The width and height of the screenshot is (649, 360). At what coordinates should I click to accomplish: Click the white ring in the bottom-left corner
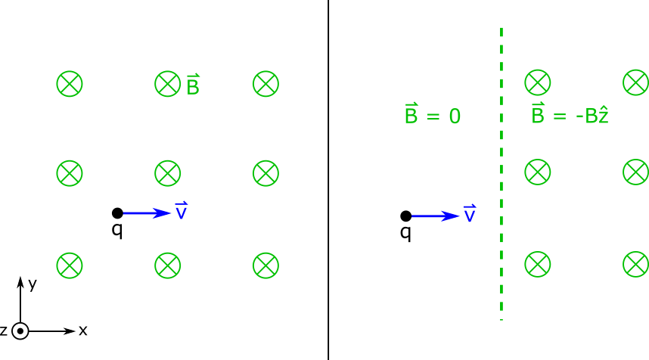click(20, 331)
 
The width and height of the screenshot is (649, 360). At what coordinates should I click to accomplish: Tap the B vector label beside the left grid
click(193, 85)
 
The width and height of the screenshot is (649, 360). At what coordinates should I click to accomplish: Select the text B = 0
click(432, 115)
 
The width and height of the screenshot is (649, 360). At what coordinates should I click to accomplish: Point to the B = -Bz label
click(570, 115)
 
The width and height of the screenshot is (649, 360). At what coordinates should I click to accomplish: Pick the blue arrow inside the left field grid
click(147, 213)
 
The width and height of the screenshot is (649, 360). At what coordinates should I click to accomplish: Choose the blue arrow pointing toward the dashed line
click(436, 216)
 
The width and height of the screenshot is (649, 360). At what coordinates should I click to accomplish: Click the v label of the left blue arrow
click(182, 211)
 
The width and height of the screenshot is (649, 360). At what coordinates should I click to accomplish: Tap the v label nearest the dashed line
click(470, 214)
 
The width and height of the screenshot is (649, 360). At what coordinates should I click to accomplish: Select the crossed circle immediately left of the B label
click(168, 84)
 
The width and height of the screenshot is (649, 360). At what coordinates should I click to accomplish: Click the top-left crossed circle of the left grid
click(70, 84)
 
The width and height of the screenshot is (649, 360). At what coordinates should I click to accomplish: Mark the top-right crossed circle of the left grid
click(265, 84)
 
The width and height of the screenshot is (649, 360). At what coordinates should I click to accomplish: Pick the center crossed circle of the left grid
click(168, 173)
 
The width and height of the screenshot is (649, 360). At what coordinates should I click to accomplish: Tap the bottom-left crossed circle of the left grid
click(70, 265)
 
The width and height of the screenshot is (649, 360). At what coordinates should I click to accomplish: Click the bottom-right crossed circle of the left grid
click(265, 265)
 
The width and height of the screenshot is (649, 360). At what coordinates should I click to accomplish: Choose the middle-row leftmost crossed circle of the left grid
click(70, 173)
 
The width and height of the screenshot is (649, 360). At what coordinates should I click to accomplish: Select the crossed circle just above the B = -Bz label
click(538, 82)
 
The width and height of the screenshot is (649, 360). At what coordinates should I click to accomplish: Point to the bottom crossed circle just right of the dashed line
click(538, 264)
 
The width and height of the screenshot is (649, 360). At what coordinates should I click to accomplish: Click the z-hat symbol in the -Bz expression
click(603, 116)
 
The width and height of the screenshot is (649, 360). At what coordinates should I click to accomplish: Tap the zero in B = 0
click(455, 116)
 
